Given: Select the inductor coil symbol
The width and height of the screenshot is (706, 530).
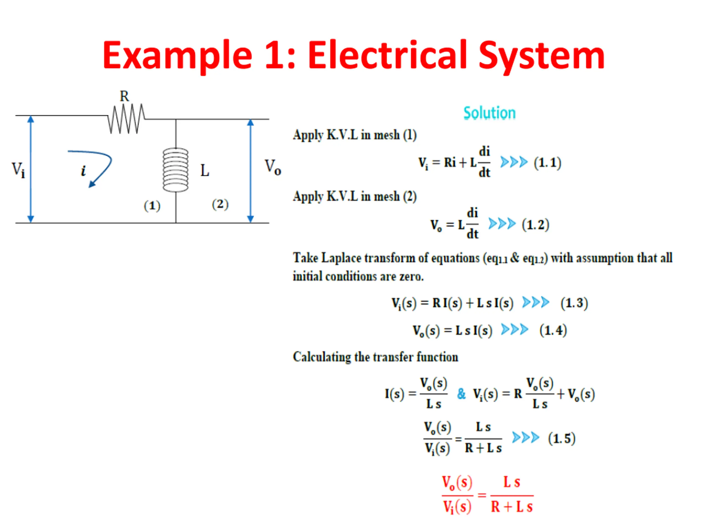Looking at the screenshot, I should coord(176,170).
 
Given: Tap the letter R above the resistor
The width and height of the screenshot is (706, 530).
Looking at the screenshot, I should coord(124,96).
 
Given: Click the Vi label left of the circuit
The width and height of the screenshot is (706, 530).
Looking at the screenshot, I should coord(18,170).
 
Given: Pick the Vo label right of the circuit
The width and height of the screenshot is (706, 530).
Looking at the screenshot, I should coord(272,167).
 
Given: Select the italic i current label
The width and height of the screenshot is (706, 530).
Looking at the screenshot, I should coord(83,171).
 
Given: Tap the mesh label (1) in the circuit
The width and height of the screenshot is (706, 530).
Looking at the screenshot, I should coord(152,206).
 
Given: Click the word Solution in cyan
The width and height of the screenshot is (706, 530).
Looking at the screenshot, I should coord(489,113).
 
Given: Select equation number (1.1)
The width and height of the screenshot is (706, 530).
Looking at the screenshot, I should coord(547,163).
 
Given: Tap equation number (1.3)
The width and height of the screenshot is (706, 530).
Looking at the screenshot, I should coord(574,303).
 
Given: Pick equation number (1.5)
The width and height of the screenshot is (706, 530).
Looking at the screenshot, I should coord(561,438).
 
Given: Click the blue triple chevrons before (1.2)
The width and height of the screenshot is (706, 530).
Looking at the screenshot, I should coord(502,224).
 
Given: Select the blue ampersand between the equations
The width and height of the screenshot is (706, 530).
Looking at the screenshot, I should coord(461,394).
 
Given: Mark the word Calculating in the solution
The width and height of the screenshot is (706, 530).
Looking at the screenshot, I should coord(321,357).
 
